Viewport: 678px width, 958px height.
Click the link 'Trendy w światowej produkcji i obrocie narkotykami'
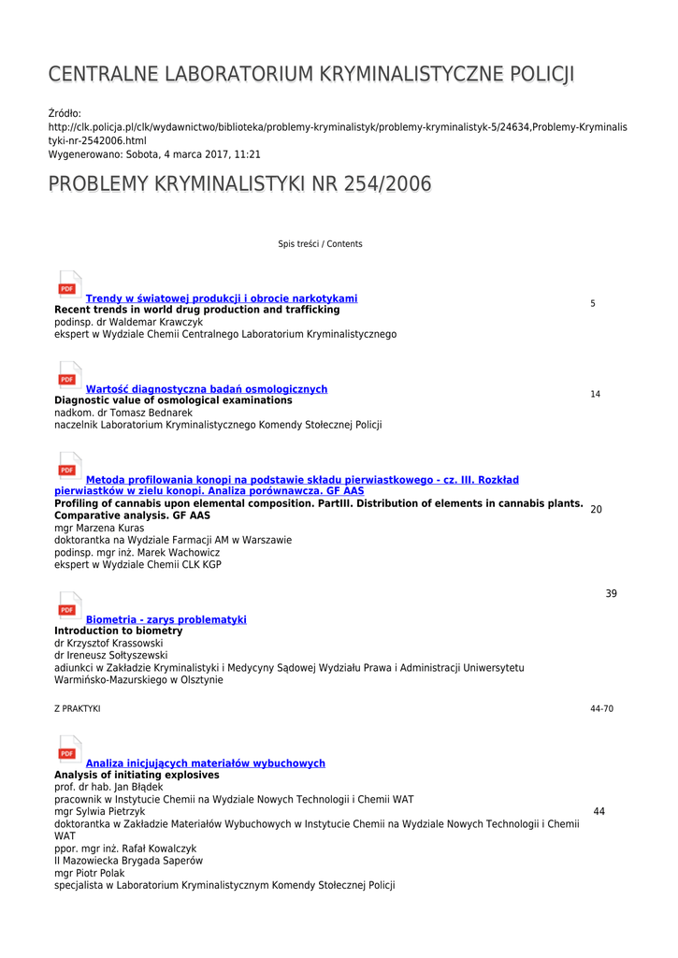click(222, 298)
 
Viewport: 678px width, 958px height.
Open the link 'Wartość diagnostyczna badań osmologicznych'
click(207, 389)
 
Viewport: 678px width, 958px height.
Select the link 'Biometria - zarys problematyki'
click(166, 619)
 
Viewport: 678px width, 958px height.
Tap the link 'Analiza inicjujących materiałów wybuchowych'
click(206, 763)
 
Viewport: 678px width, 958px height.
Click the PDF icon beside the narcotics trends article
click(68, 286)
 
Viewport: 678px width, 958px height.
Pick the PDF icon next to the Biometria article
click(68, 607)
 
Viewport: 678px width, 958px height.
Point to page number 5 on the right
click(593, 303)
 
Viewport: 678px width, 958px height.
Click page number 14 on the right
click(596, 394)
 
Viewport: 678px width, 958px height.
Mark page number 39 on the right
click(611, 594)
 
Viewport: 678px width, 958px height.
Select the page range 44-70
click(601, 709)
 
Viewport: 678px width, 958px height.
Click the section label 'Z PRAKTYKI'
click(78, 709)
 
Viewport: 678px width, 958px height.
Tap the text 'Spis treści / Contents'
click(320, 244)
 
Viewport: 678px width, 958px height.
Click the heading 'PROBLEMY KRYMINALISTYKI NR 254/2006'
click(240, 184)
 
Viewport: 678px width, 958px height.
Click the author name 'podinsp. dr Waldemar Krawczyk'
click(128, 322)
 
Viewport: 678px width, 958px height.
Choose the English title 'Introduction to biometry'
click(119, 631)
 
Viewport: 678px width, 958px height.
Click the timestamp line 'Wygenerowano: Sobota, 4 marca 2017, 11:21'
click(154, 153)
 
